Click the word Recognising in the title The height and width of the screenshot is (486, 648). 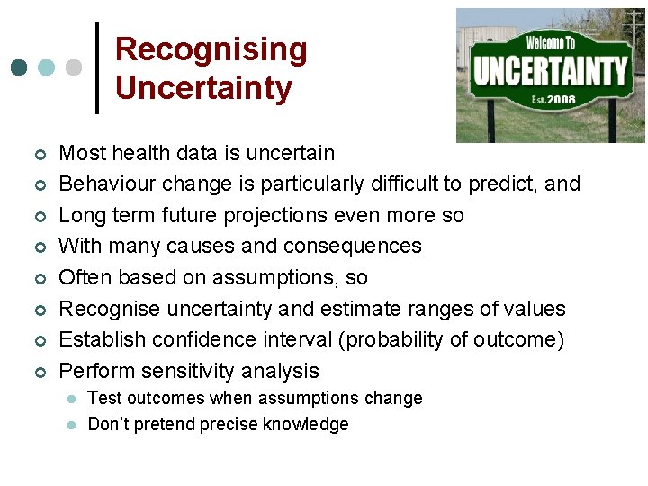211,49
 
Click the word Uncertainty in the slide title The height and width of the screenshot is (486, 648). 203,88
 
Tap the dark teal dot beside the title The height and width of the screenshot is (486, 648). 19,67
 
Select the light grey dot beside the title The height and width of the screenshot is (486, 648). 74,67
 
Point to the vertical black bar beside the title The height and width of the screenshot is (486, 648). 97,67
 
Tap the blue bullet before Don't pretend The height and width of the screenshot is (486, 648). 70,425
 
